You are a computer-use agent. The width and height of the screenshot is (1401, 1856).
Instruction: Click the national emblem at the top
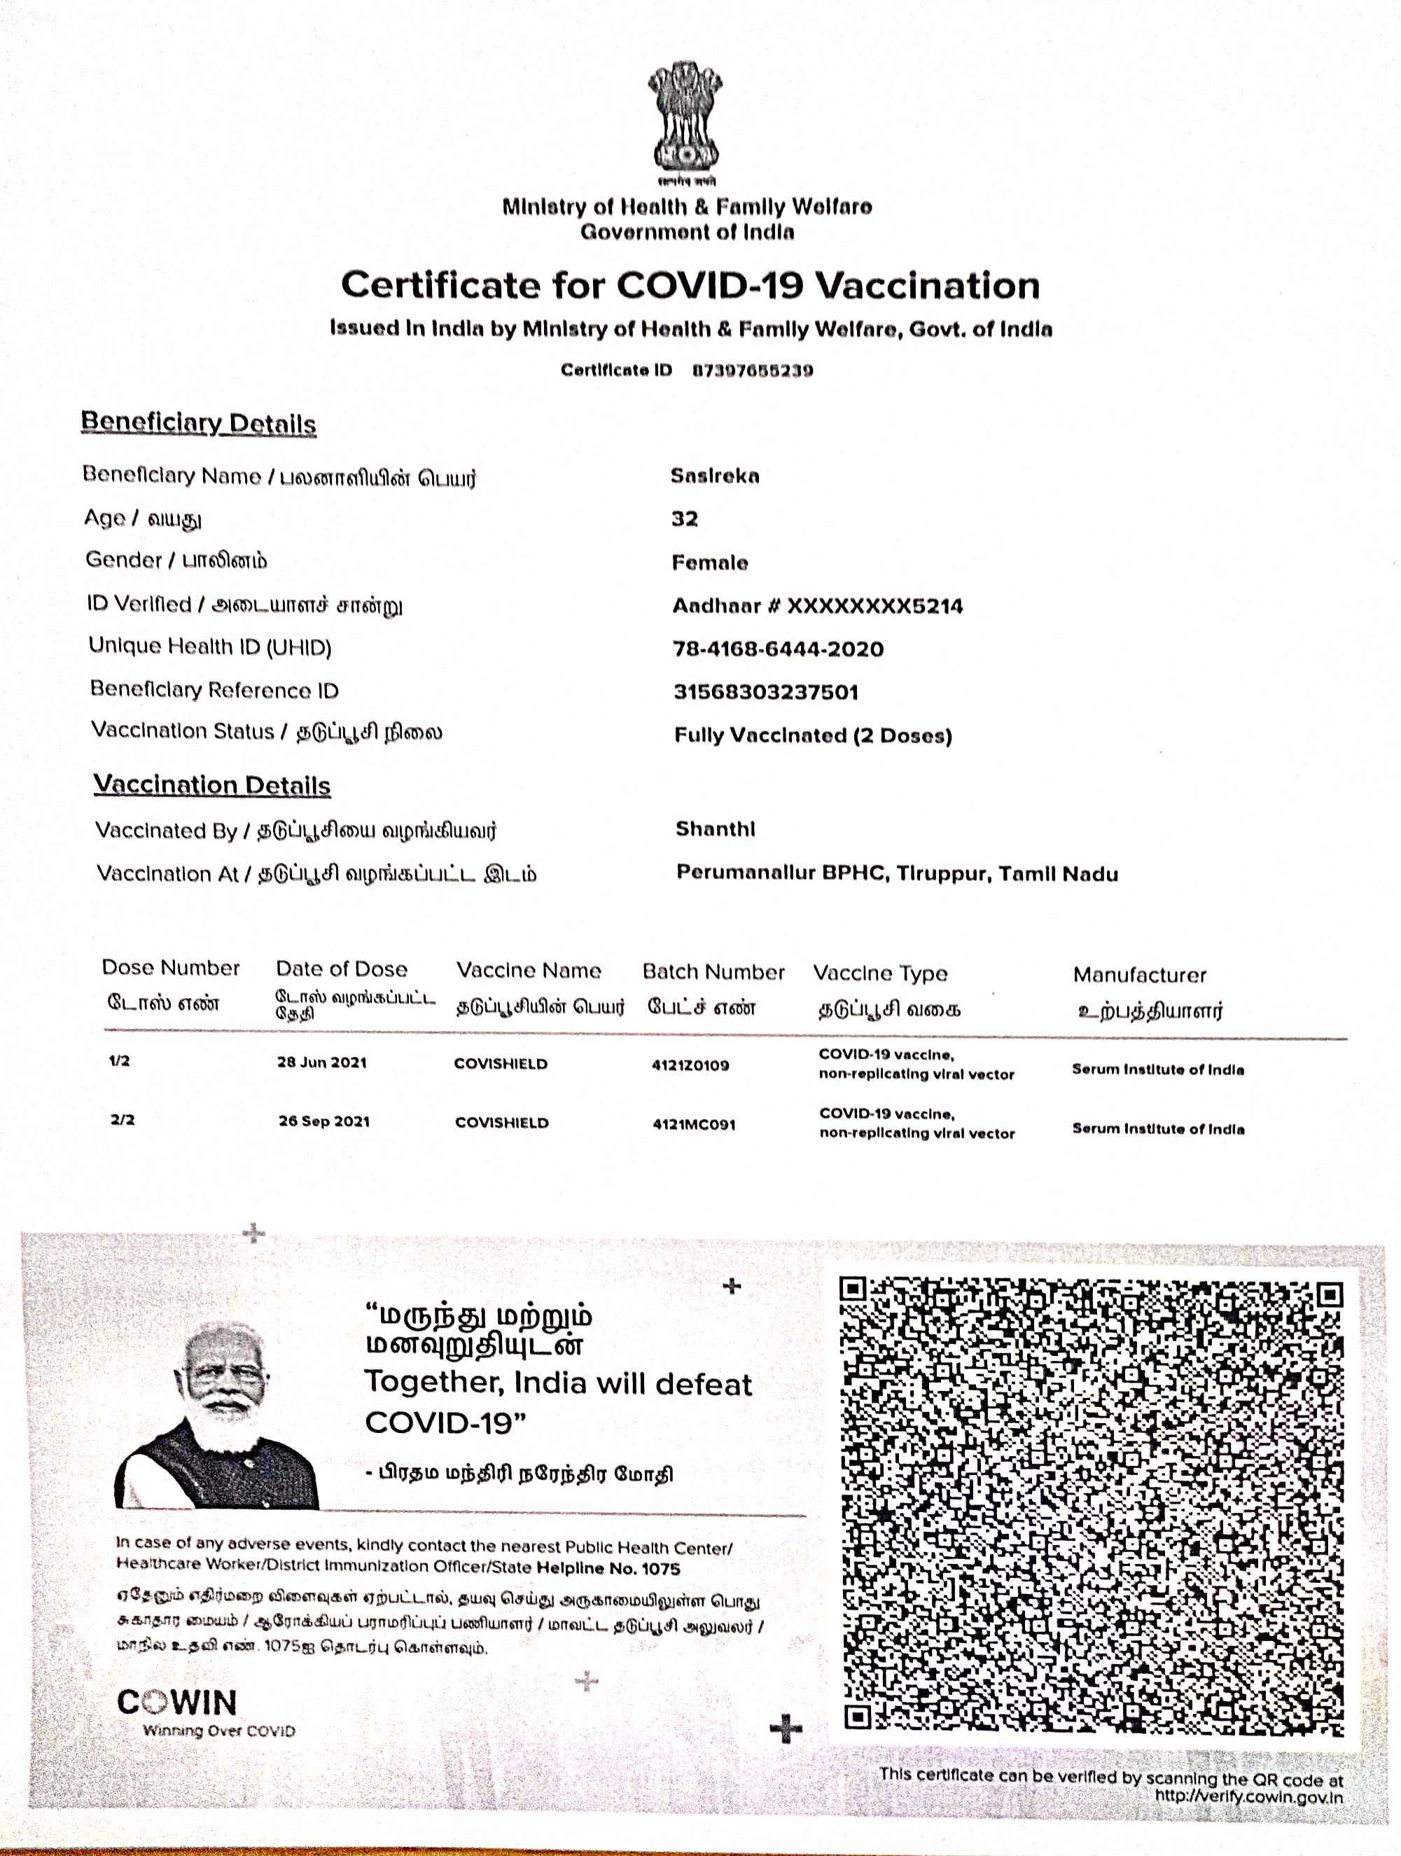pos(685,118)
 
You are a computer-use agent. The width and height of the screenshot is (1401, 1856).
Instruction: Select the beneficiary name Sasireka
pos(715,476)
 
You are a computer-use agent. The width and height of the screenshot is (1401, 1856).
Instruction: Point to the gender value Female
pos(710,563)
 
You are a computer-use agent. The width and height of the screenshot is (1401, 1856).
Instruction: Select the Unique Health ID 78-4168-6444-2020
pos(779,649)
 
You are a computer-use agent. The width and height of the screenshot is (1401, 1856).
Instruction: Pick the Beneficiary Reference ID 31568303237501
pos(766,692)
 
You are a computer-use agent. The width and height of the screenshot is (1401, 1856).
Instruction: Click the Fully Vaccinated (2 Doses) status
pos(813,736)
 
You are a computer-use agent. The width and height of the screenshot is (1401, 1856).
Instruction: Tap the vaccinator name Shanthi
pos(716,829)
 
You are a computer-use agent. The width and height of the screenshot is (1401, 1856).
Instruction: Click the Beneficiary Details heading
pos(199,423)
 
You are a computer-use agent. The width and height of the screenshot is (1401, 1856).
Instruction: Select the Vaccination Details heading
pos(212,785)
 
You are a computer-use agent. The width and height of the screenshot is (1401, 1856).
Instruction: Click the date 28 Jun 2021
pos(322,1062)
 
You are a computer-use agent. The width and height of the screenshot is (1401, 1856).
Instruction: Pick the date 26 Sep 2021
pos(324,1121)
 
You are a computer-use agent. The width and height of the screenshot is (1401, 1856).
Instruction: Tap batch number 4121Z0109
pos(690,1065)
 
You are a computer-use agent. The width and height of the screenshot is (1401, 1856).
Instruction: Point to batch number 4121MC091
pos(694,1124)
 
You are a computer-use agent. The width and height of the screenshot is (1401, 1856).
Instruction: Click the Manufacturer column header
pos(1139,975)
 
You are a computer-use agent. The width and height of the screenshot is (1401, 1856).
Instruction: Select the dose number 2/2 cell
pos(123,1120)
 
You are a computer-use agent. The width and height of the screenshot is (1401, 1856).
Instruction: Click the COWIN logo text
pos(177,1703)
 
